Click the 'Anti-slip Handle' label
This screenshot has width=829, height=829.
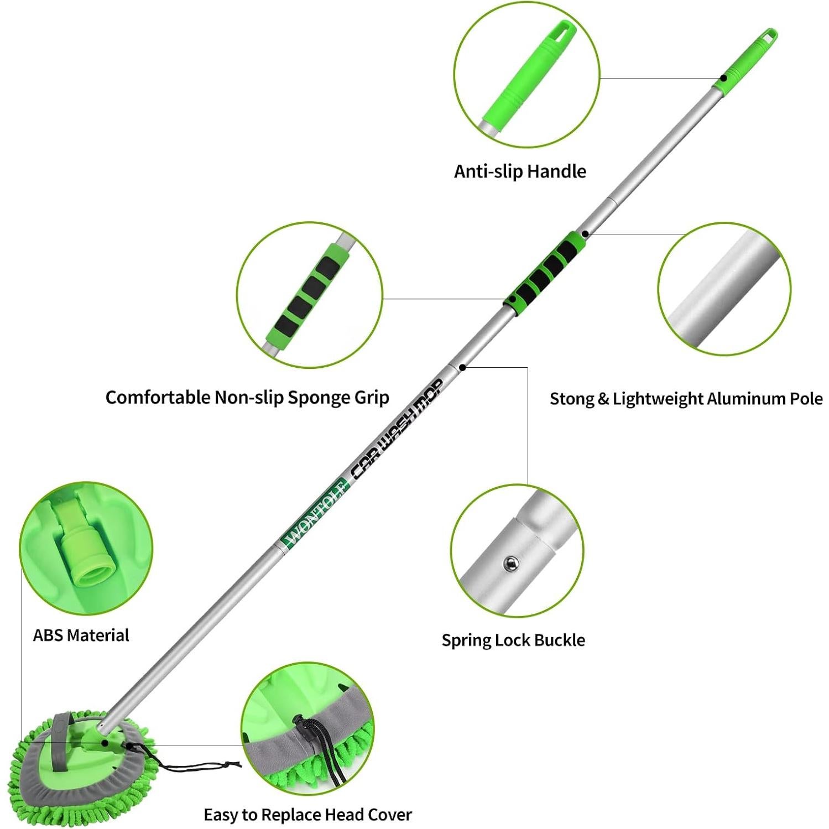point(520,171)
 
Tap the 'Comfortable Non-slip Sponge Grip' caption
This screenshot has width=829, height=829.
point(247,398)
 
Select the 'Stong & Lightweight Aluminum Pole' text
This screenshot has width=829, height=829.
point(686,399)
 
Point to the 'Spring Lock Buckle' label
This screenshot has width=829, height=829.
point(513,640)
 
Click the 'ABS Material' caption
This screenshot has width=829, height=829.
point(81,635)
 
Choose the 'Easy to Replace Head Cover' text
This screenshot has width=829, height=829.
point(307,815)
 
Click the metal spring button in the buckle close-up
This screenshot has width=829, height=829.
point(510,564)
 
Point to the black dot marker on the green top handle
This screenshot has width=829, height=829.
point(723,78)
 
